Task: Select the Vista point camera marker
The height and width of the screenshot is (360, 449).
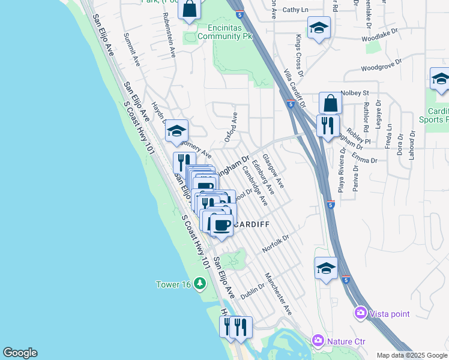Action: coord(360,313)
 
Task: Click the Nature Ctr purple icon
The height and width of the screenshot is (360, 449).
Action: coord(318,341)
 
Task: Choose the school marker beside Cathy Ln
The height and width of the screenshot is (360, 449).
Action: coord(319,28)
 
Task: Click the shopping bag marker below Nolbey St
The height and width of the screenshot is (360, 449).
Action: coord(330,103)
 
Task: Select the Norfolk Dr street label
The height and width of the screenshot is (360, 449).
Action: coord(276,243)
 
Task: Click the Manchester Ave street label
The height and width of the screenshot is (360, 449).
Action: coord(278,295)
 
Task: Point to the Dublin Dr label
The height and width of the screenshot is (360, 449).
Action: coord(253,292)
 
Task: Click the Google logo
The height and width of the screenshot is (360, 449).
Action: coord(20,353)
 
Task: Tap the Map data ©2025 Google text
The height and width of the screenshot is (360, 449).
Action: coord(412,355)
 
